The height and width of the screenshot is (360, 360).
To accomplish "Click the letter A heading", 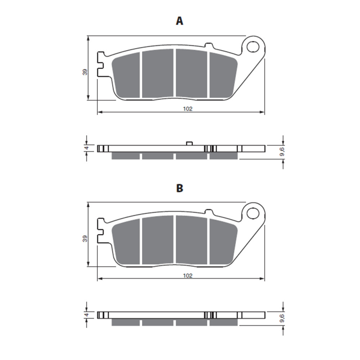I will (x=179, y=21).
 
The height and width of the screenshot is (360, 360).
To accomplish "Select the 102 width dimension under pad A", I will (x=187, y=109).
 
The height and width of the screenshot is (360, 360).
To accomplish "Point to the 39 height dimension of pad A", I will (x=85, y=72).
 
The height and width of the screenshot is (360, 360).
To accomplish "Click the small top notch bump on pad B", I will (x=208, y=212).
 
